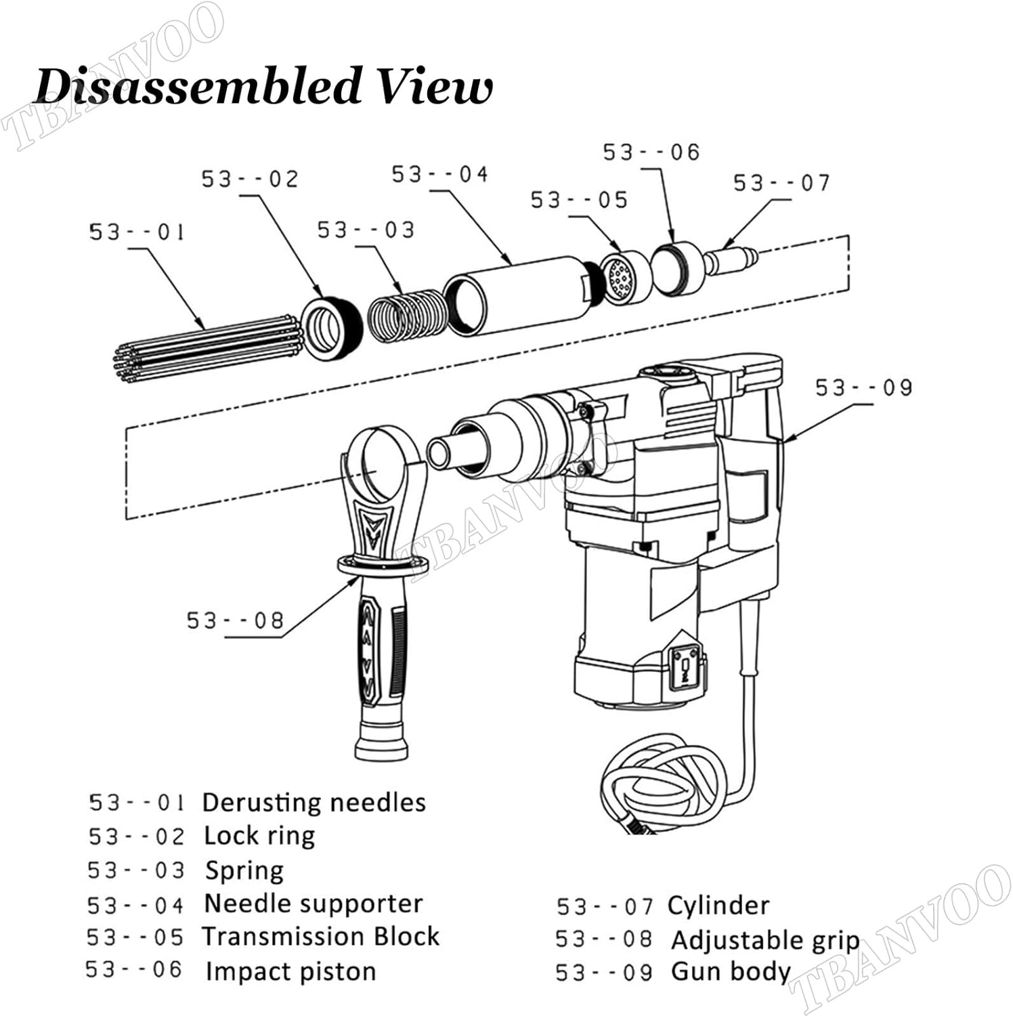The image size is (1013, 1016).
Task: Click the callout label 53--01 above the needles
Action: coord(137,232)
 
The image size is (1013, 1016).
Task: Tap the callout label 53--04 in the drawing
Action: coord(439,175)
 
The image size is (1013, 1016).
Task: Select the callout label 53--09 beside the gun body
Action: coord(863,388)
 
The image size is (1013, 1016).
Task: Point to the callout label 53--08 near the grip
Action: coord(235,620)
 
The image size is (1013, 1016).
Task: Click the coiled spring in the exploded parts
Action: coord(406,313)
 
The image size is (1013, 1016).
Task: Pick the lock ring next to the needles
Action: coord(330,328)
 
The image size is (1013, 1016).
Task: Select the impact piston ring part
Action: coord(677,268)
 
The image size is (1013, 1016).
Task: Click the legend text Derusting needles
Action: coord(314,803)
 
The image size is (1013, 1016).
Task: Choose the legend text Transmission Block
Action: coord(321,937)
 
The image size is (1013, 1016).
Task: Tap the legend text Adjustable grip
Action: coord(764,940)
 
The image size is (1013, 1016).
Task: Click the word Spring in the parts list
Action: coord(244,870)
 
